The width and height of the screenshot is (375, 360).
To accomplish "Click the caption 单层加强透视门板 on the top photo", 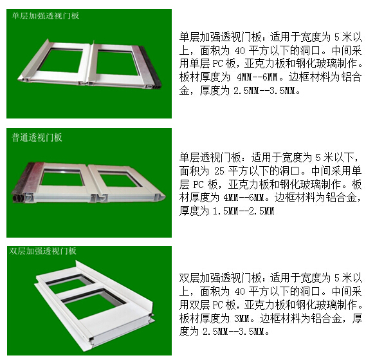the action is coord(46,16).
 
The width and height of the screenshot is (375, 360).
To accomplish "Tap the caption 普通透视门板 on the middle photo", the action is coord(37,137).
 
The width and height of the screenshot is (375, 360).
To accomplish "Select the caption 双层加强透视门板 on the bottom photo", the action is coord(43,251).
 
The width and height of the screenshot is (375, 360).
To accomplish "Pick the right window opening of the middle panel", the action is coord(118,180).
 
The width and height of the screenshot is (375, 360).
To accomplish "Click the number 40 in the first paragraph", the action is coord(240,51).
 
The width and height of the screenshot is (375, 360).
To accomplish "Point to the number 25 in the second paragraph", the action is coord(219,171).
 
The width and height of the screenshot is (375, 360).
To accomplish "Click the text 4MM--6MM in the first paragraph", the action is coord(257,77).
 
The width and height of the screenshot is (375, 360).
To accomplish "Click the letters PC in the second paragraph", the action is coord(198,184).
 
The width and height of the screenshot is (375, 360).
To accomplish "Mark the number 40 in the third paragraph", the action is coord(240,292).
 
